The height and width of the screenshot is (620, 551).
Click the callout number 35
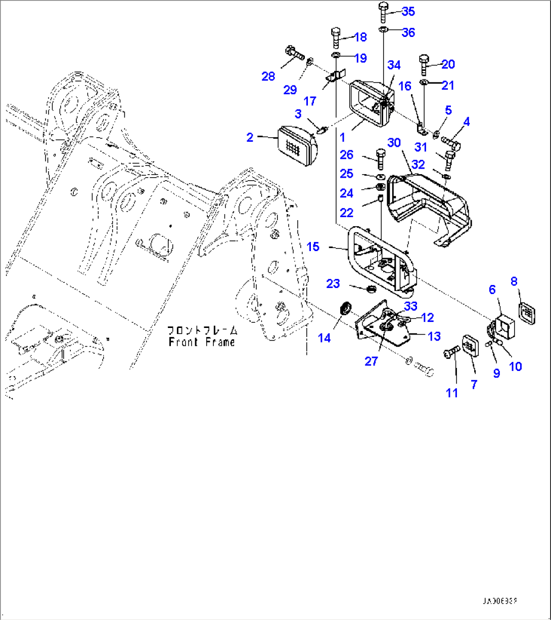(407, 11)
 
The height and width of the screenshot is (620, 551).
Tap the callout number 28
(268, 76)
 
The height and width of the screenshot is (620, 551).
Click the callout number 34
(394, 65)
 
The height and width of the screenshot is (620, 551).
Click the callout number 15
(313, 247)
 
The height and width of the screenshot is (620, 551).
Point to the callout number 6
(492, 290)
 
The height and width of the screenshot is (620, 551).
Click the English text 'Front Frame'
(202, 342)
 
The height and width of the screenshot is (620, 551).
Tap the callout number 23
(333, 283)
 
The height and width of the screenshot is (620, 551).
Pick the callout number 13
(434, 336)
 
